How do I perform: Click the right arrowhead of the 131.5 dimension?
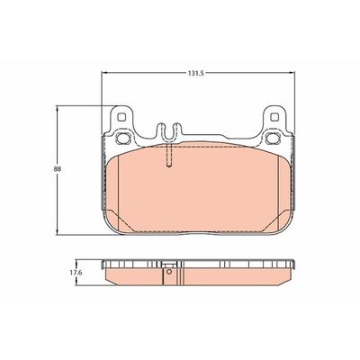(294, 71)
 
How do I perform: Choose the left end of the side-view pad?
(104, 269)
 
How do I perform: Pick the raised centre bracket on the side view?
(169, 265)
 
